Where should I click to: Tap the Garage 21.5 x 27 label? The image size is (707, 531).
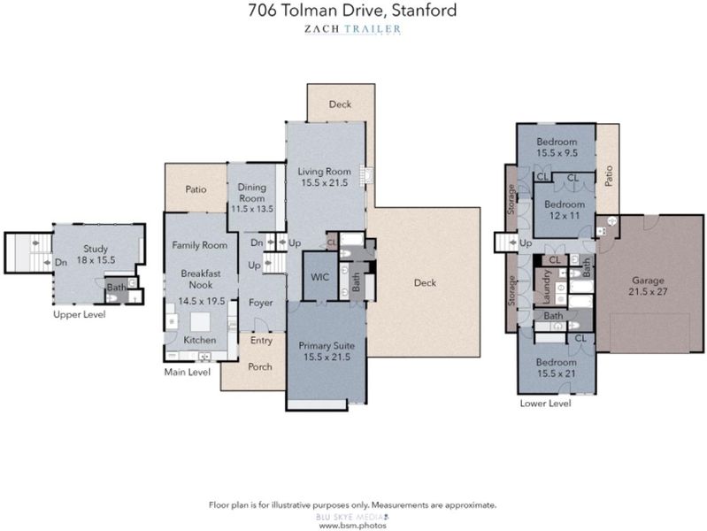(x=648, y=286)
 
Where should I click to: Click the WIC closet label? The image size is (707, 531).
(x=319, y=277)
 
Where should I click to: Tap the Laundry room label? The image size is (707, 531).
(x=546, y=287)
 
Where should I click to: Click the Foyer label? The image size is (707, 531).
(x=261, y=303)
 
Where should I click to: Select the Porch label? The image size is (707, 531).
(x=260, y=366)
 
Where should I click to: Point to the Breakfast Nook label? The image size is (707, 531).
(x=201, y=279)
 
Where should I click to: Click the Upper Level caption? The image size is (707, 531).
(x=80, y=314)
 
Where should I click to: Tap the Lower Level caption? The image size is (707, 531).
(x=546, y=404)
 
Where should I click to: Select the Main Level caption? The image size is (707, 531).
(x=187, y=373)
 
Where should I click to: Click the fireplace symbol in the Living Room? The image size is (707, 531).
(x=367, y=174)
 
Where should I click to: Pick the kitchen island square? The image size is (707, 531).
(x=200, y=322)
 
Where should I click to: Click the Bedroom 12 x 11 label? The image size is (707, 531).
(x=564, y=210)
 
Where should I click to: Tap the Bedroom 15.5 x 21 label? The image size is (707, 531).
(x=556, y=367)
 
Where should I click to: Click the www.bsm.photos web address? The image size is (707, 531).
(x=352, y=525)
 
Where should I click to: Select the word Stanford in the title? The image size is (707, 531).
(x=424, y=10)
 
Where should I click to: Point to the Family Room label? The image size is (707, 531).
(x=199, y=245)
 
